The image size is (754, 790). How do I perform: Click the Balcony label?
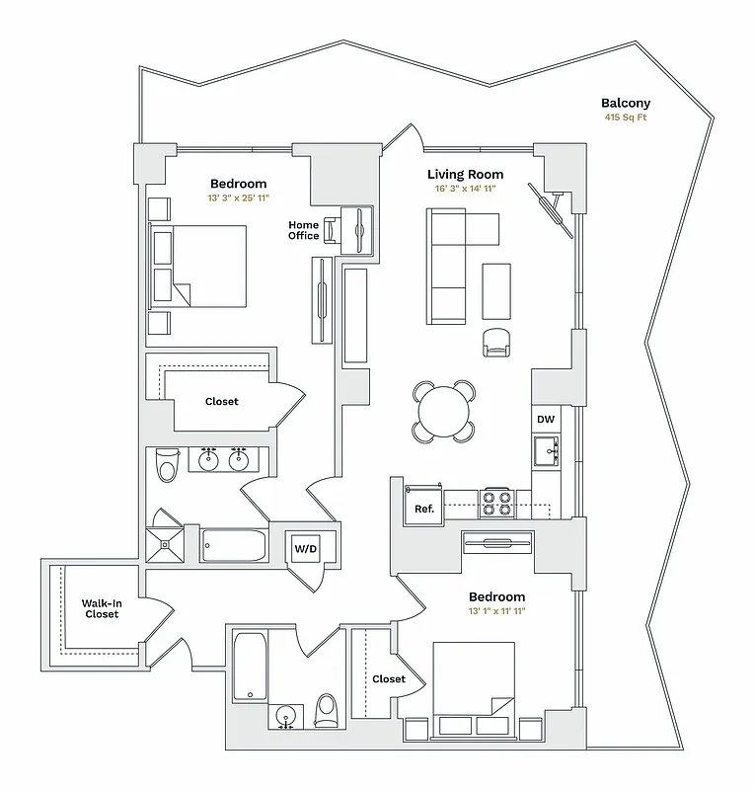click(627, 103)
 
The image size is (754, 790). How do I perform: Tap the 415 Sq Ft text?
click(627, 118)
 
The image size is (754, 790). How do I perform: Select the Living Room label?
click(465, 174)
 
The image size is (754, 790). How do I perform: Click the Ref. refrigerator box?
click(424, 510)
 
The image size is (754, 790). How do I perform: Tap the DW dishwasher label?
click(546, 420)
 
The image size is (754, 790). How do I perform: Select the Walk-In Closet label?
click(102, 607)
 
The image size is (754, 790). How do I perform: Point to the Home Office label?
click(303, 230)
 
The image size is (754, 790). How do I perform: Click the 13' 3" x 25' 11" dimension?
click(238, 198)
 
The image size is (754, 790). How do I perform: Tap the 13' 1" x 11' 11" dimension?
click(496, 612)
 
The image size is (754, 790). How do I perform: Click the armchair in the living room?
click(497, 342)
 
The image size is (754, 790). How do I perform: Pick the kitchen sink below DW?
click(546, 451)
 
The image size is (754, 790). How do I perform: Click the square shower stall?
click(165, 543)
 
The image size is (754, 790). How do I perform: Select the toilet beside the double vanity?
click(166, 463)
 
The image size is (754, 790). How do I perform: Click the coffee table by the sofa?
click(496, 291)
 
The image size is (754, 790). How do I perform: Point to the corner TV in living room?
click(551, 210)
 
